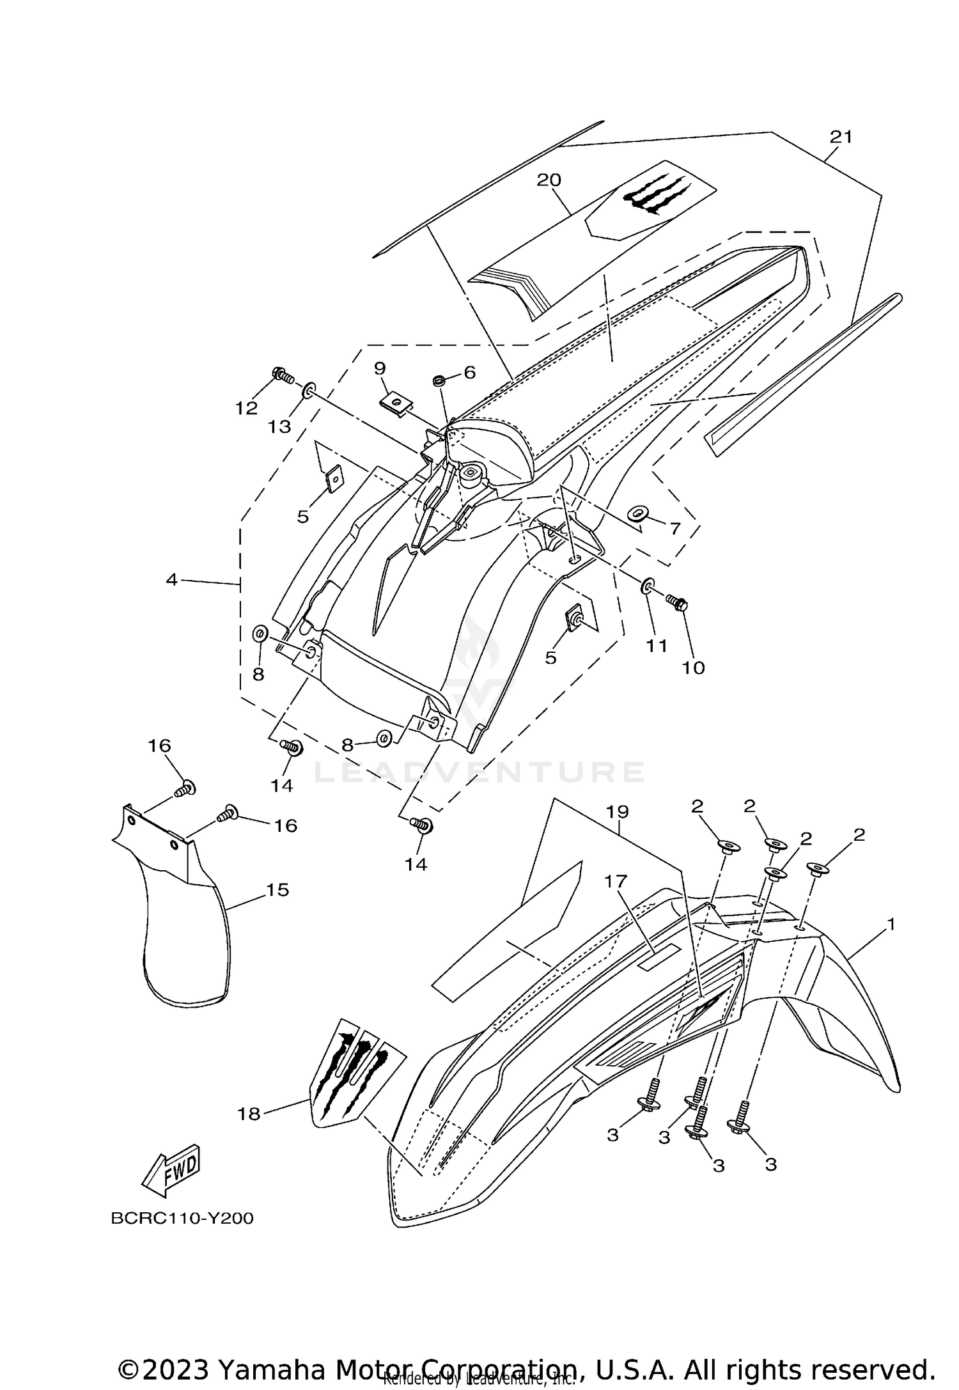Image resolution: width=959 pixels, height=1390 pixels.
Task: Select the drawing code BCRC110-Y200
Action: (x=182, y=1218)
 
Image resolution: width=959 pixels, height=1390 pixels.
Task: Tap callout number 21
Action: (x=841, y=137)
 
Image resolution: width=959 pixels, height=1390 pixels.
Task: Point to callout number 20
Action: (x=549, y=180)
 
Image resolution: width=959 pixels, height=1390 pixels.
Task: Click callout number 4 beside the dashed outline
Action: (x=171, y=580)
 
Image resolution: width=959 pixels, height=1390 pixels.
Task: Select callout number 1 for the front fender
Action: (x=891, y=925)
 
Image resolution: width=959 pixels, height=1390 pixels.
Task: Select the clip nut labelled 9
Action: (x=396, y=403)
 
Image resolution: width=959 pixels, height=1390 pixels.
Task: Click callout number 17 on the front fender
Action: (x=617, y=882)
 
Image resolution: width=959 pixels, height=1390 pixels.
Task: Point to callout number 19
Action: (x=618, y=812)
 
